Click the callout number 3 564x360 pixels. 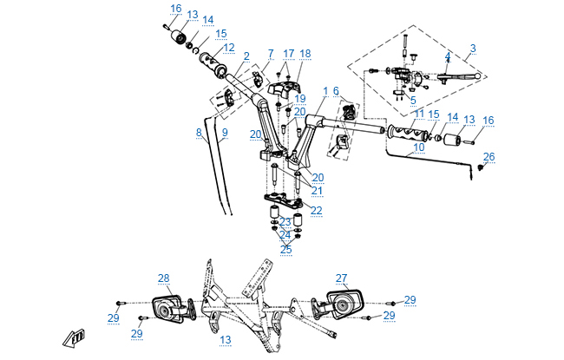(473, 48)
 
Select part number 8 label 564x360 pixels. (199, 133)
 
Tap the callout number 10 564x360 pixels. (419, 147)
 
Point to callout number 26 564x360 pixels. (489, 156)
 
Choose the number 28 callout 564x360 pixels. (163, 278)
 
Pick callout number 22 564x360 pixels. (316, 210)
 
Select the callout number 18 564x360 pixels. (305, 54)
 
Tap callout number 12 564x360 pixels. (228, 48)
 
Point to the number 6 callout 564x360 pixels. (336, 91)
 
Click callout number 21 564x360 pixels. (317, 191)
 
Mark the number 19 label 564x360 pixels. (299, 99)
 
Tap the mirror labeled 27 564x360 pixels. (341, 303)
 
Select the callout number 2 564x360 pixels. (246, 57)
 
